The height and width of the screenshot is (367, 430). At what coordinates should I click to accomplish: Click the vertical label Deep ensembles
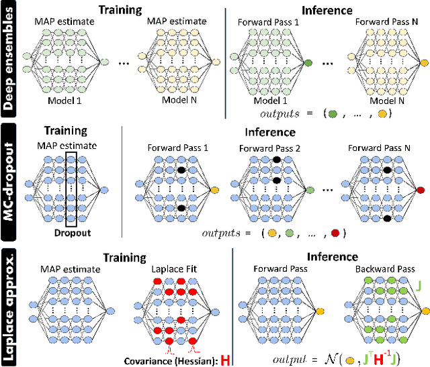click(11, 59)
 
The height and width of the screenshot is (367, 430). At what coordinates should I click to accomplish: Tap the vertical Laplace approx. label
click(11, 305)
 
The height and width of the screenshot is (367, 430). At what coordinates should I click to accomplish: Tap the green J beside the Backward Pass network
click(420, 286)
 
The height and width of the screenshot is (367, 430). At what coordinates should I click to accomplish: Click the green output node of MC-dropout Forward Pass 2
click(308, 191)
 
